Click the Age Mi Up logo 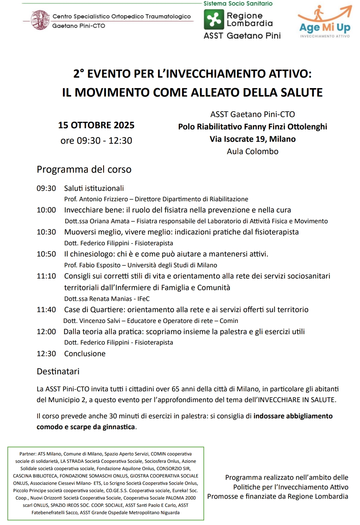point(324,22)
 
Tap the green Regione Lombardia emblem point(213,20)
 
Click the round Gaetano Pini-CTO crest point(40,20)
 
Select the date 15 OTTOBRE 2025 point(96,125)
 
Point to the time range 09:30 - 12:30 point(96,141)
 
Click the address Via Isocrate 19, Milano point(253,139)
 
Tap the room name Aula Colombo point(253,151)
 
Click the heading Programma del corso point(84,170)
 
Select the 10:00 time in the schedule point(46,210)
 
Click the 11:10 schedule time point(46,276)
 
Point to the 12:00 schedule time point(46,332)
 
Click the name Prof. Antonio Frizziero point(96,199)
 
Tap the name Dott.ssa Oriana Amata point(97,221)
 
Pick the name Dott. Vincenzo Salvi point(91,321)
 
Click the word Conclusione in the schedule point(85,354)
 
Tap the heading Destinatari point(58,372)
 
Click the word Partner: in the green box point(28,454)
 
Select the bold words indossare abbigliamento point(293,416)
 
